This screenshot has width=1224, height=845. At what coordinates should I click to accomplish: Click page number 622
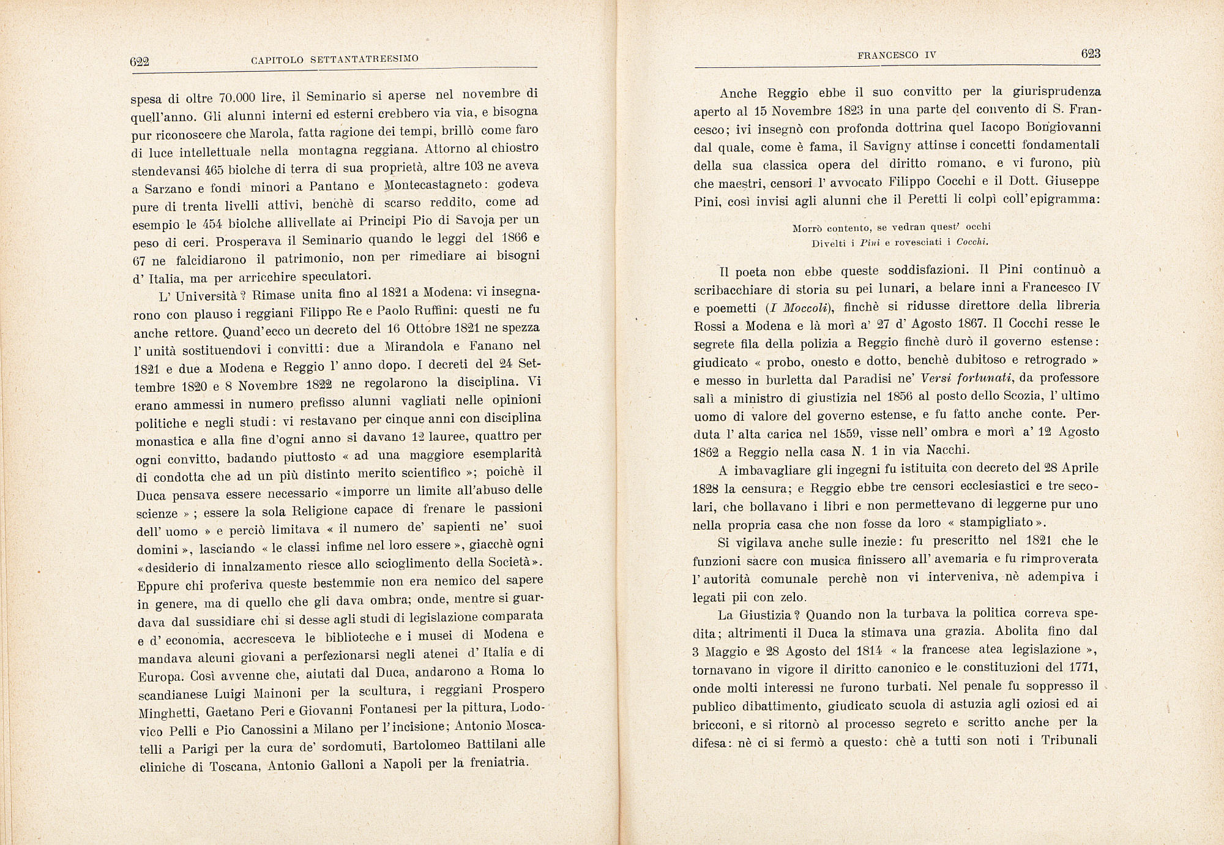tap(140, 61)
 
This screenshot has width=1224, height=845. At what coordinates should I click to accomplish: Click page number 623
tap(1091, 54)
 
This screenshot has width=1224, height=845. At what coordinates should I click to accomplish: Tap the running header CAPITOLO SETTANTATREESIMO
tap(335, 59)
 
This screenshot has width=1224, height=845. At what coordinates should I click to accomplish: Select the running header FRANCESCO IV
tap(897, 55)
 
